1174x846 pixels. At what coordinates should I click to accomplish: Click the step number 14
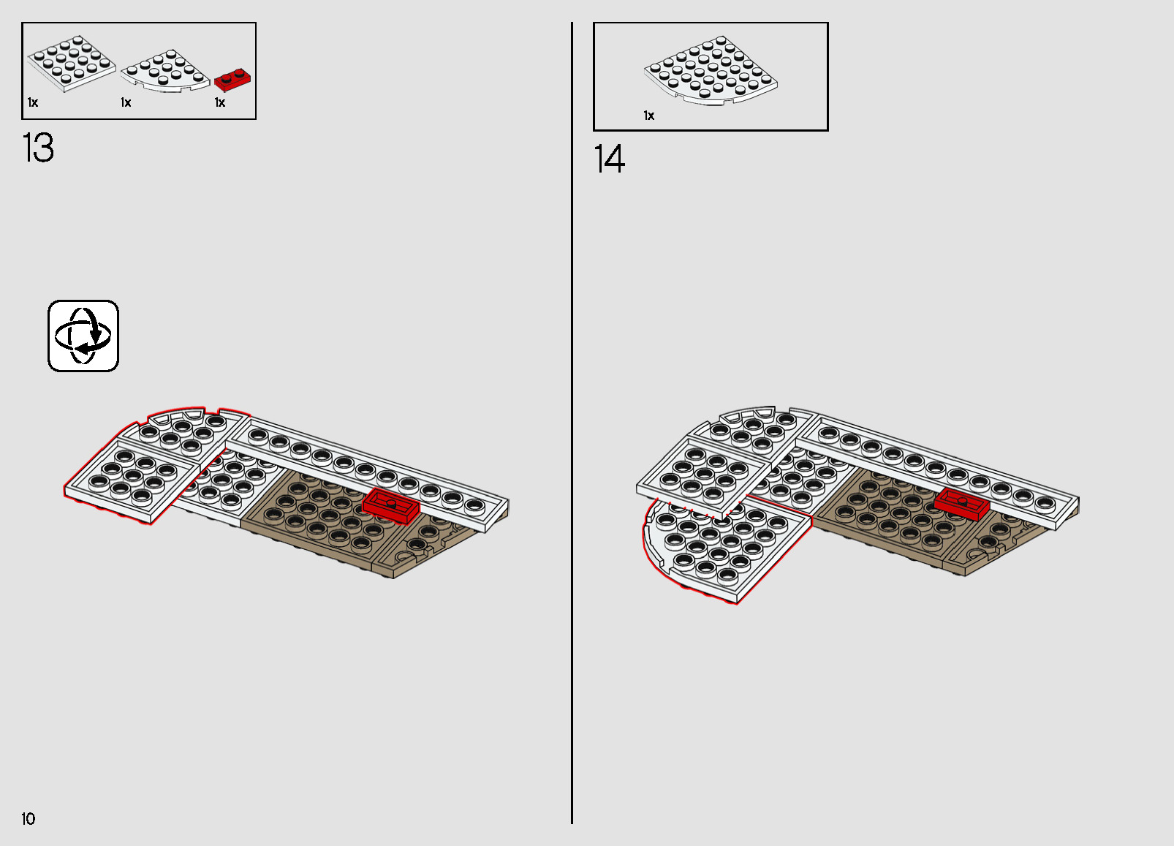[610, 159]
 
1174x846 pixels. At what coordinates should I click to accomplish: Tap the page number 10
[29, 819]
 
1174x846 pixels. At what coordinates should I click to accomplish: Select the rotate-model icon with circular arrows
[83, 336]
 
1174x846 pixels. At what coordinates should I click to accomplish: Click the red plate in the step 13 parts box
[232, 80]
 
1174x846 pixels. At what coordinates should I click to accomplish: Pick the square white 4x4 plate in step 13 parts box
[72, 64]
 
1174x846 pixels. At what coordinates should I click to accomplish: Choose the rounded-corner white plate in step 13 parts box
[165, 72]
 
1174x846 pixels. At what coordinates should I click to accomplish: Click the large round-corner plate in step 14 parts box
[711, 70]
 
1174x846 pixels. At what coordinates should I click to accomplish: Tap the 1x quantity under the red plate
[220, 103]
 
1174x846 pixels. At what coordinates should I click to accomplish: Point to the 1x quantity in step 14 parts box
[649, 116]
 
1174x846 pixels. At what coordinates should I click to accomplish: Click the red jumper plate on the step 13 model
[391, 505]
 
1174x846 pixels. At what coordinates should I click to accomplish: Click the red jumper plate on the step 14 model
[962, 503]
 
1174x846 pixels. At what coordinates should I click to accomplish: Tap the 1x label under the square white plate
[33, 103]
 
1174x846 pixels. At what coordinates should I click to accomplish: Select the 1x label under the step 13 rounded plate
[126, 103]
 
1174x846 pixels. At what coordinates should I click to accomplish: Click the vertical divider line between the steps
[572, 423]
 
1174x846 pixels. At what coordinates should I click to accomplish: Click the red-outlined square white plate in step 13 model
[131, 480]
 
